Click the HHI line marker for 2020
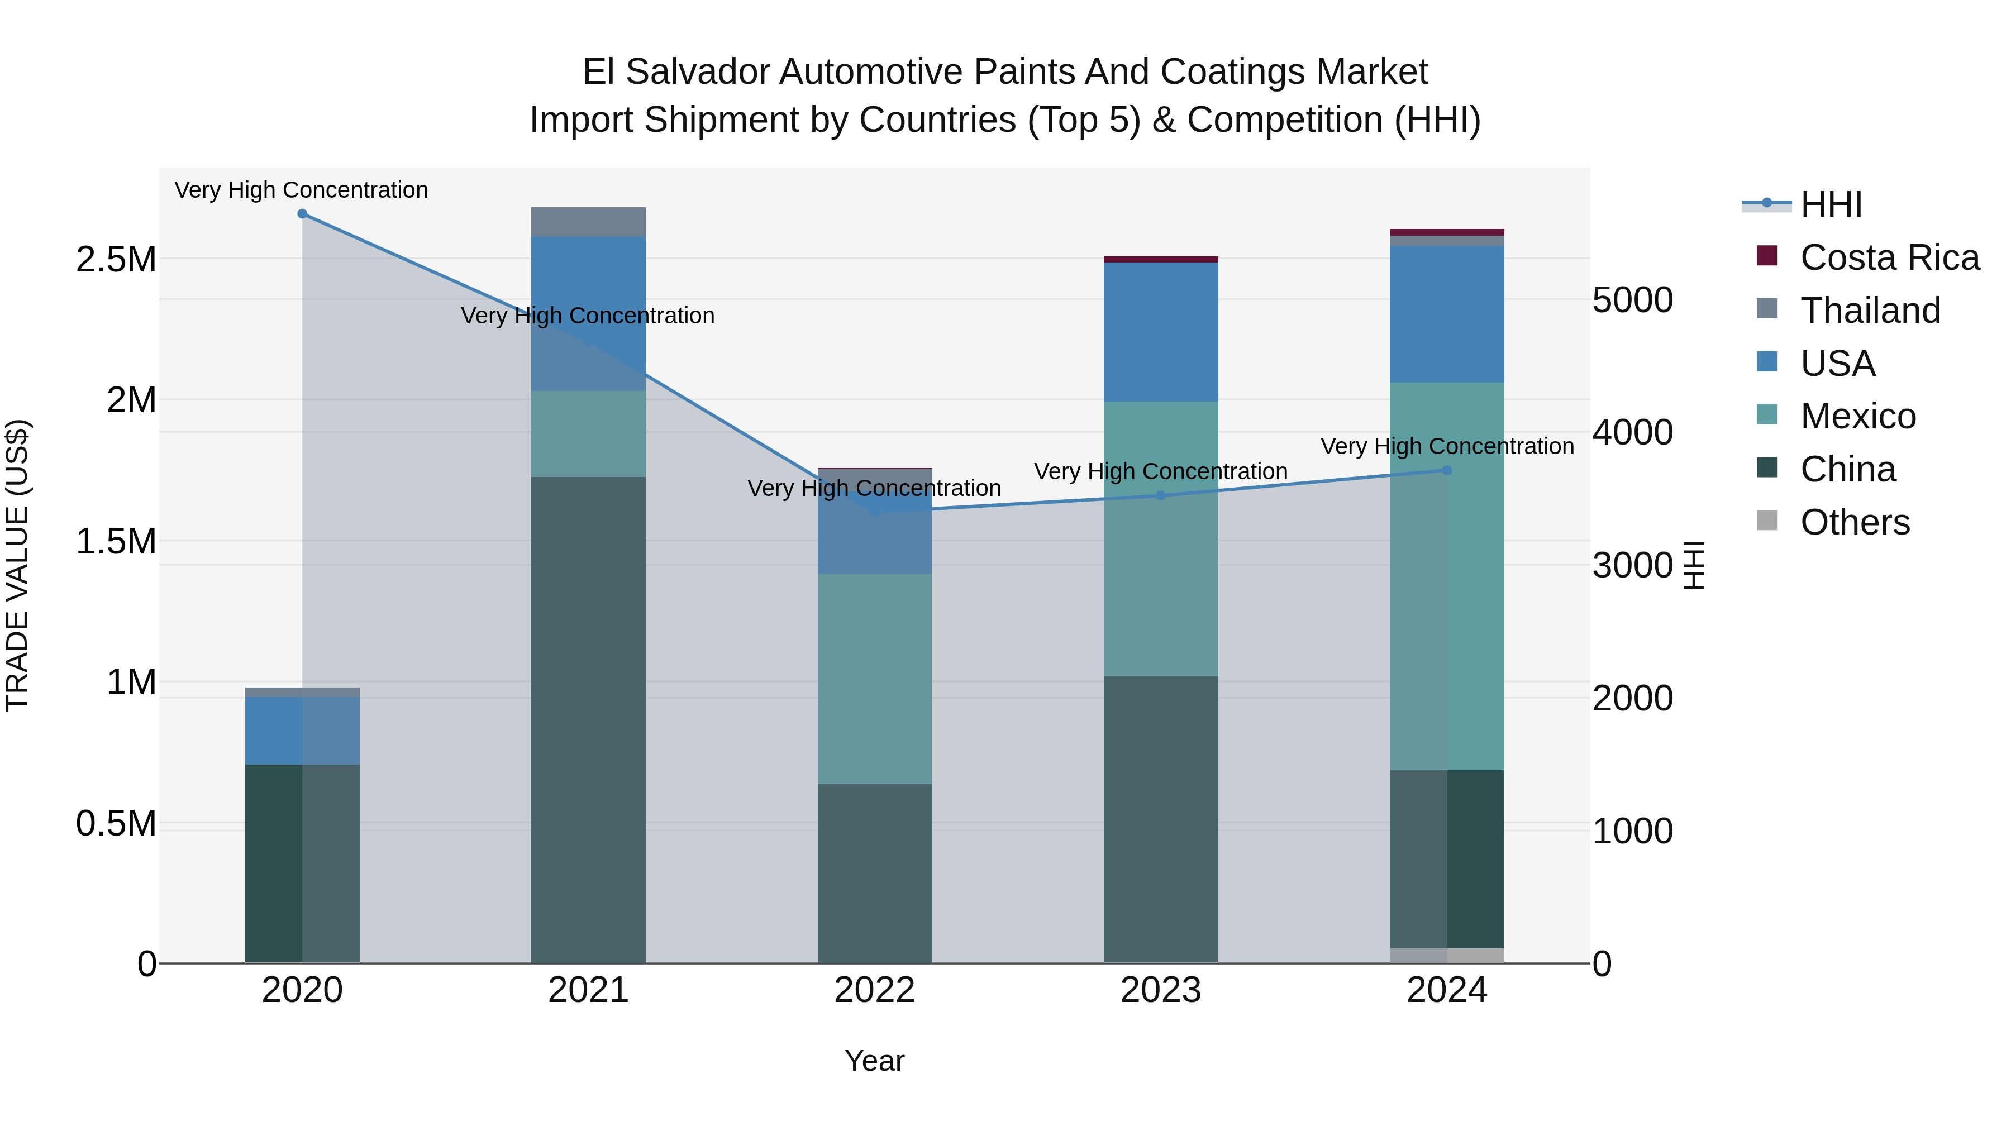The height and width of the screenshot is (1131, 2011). pos(302,214)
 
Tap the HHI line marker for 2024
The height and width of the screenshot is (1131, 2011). pos(1447,470)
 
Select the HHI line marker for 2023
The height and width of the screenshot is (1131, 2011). pos(1160,495)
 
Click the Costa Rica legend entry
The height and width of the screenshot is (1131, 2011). pos(1889,257)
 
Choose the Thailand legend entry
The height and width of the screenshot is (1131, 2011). pos(1870,311)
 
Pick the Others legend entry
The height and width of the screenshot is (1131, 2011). pos(1854,522)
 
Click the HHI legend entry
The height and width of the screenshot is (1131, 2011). pos(1831,204)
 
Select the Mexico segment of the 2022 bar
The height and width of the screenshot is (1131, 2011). pos(874,679)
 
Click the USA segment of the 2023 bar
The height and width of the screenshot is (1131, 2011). pos(1160,332)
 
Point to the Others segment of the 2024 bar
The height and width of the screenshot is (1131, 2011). pos(1447,956)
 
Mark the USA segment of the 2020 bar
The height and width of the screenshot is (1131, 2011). pos(302,731)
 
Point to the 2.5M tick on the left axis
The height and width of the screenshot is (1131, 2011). pos(116,259)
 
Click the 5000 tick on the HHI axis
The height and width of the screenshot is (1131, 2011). pos(1632,300)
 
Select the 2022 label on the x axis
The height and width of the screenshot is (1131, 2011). pos(874,990)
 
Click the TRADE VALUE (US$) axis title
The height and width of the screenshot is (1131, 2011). pos(17,565)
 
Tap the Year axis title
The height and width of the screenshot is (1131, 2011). pos(874,1061)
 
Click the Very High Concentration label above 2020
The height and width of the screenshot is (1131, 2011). pos(301,190)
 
